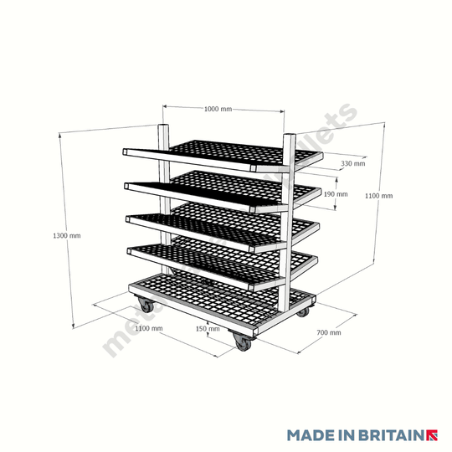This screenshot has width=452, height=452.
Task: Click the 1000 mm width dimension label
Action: click(x=218, y=109)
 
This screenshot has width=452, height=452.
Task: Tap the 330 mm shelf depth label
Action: click(x=353, y=163)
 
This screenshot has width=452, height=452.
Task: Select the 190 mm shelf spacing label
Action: click(x=335, y=194)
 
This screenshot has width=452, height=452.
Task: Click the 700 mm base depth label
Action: click(x=330, y=332)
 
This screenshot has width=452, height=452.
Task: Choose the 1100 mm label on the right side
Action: click(x=378, y=195)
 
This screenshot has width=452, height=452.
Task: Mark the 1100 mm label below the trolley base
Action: click(x=147, y=328)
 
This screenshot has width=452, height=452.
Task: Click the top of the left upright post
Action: click(x=162, y=128)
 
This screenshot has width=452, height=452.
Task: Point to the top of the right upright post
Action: click(x=288, y=136)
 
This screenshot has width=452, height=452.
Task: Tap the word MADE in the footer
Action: click(x=309, y=435)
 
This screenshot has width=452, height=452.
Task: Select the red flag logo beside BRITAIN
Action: click(x=433, y=435)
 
